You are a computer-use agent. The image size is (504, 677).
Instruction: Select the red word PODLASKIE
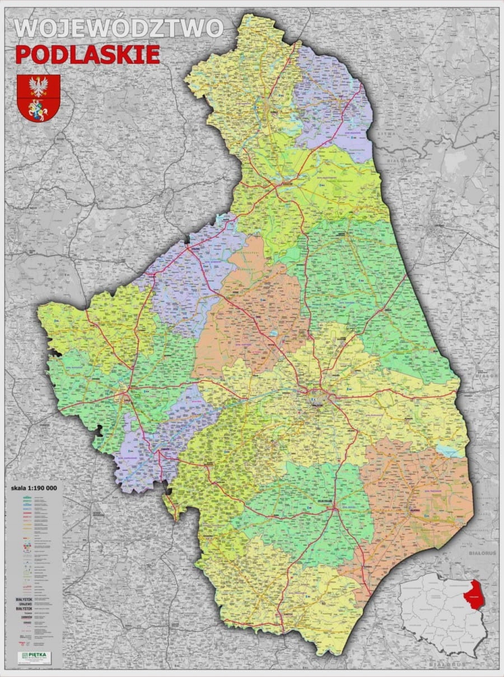[x=87, y=55]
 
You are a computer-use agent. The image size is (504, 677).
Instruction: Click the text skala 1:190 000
[x=34, y=488]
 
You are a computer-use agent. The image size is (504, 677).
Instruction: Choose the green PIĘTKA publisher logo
[x=35, y=655]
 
